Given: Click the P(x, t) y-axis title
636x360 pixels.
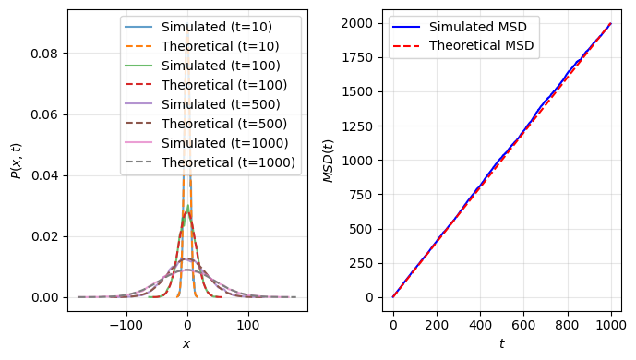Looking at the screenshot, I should (x=15, y=162).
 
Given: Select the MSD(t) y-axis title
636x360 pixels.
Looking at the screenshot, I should (x=329, y=162).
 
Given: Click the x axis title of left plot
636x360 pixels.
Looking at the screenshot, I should (x=186, y=344).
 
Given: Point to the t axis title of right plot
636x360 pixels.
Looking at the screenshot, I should (x=501, y=344).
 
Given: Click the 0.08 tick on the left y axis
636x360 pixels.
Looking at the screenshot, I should (x=44, y=54).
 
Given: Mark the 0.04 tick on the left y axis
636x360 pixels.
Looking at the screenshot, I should (x=44, y=175).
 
